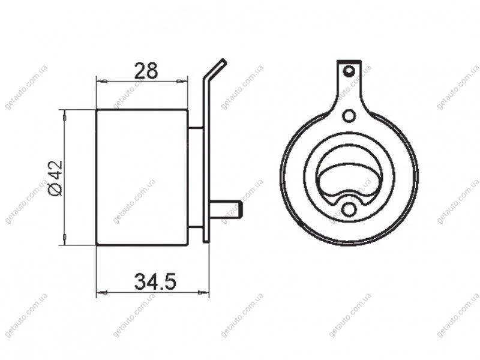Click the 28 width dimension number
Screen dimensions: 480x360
click(x=146, y=70)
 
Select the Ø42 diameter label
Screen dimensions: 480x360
click(x=56, y=178)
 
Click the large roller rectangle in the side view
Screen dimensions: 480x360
click(x=142, y=177)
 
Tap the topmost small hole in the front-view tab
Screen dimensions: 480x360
click(x=349, y=71)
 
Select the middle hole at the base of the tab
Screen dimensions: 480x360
click(x=349, y=115)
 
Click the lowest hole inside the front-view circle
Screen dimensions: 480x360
click(x=349, y=209)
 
